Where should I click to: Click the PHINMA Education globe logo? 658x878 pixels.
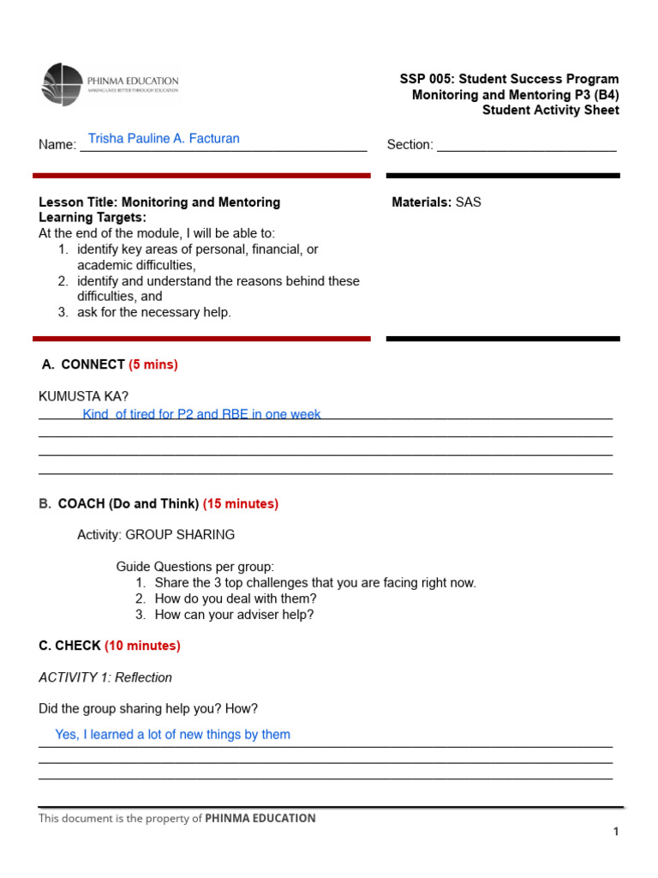63,84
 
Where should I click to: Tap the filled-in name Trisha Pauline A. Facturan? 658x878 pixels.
164,138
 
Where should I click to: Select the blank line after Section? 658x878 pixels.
526,145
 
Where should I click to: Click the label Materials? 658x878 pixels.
421,202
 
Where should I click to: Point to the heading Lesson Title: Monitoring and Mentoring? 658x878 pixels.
159,202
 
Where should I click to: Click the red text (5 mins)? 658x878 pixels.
153,364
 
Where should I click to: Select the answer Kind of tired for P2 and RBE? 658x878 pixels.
201,414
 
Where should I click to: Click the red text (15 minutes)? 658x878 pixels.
241,503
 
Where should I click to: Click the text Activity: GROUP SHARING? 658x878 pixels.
156,534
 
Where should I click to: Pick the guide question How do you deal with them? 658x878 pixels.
236,598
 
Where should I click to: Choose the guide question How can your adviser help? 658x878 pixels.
234,615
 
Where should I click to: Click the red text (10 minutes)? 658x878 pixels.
142,645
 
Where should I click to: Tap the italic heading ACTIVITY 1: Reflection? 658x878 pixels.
105,677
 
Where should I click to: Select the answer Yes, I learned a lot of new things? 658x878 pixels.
172,734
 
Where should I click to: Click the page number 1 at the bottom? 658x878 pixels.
615,832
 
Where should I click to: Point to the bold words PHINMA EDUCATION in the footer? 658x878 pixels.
260,818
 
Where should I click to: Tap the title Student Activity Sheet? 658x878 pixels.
550,110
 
